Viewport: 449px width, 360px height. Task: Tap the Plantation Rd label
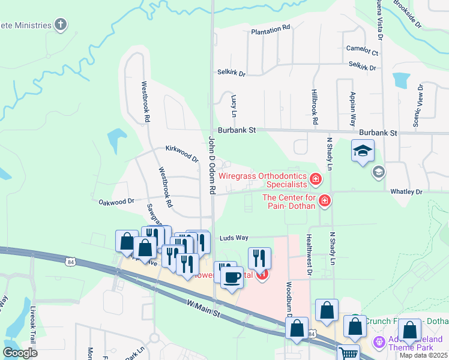tap(271, 28)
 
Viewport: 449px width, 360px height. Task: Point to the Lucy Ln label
tap(234, 105)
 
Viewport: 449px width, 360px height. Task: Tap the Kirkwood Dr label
tap(182, 154)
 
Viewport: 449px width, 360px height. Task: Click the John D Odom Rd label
tap(212, 164)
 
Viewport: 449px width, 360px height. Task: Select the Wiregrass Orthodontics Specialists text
tap(262, 180)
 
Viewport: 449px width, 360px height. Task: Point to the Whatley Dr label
tap(406, 191)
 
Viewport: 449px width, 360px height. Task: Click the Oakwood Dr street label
tap(116, 202)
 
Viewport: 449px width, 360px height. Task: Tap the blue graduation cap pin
tap(363, 151)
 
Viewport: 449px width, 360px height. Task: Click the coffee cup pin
tap(232, 277)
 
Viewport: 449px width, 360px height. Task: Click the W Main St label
tap(204, 310)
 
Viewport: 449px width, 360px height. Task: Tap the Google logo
tap(20, 352)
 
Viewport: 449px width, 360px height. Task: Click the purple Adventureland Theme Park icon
tap(379, 343)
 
